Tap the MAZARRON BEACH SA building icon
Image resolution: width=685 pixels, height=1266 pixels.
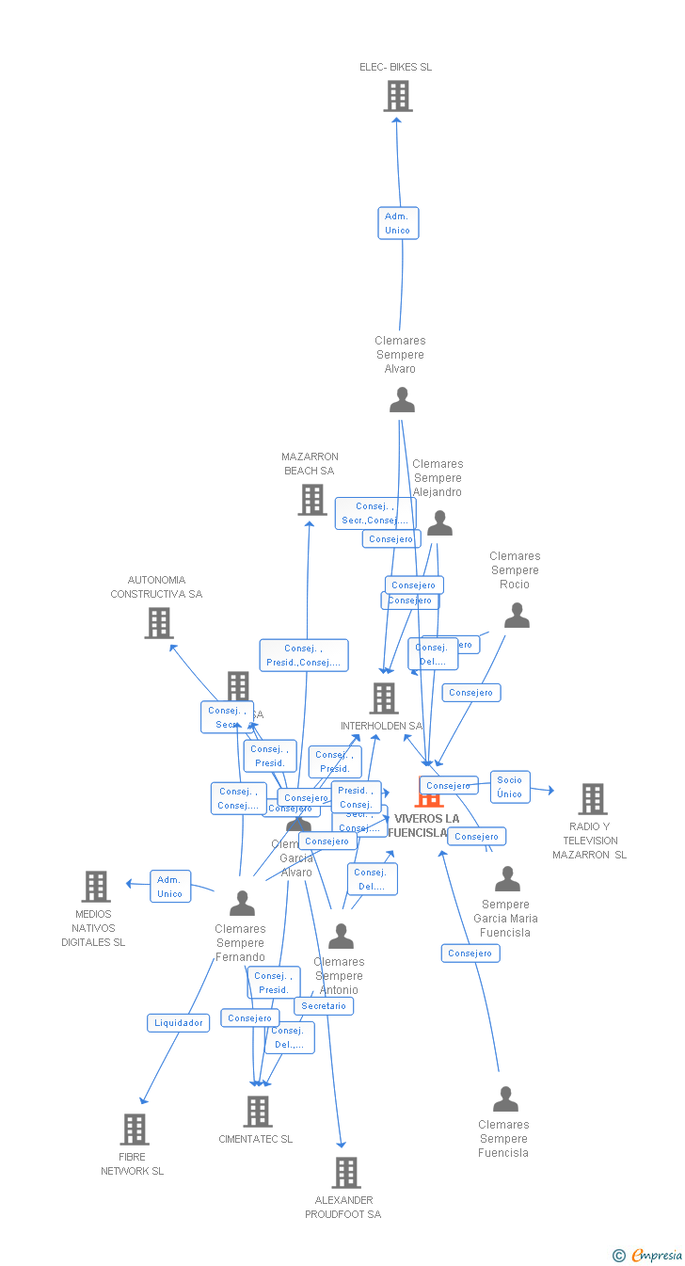pos(312,500)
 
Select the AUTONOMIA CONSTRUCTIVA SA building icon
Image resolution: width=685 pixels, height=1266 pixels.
pos(159,623)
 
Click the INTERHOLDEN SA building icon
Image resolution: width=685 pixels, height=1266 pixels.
pos(384,698)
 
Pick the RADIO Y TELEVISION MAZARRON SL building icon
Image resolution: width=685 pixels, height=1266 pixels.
pos(592,799)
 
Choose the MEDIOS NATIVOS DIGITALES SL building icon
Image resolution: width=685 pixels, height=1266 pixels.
pos(96,887)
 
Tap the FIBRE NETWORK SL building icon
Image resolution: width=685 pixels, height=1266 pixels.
pos(135,1130)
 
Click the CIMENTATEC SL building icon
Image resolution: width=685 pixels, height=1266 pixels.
pos(257,1112)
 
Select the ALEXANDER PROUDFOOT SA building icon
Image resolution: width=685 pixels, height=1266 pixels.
pos(346,1173)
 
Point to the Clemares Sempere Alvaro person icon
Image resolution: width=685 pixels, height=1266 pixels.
pos(402,400)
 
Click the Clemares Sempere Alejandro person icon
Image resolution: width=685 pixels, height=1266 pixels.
pos(439,523)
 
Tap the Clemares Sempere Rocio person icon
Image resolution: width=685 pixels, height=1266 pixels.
pos(517,616)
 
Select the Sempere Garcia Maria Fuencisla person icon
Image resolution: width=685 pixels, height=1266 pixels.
pos(507,879)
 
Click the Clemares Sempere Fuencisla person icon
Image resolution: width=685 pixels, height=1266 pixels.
pos(505,1099)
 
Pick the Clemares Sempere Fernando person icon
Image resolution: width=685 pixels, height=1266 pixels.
pos(242,904)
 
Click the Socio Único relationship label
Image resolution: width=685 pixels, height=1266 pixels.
pos(510,787)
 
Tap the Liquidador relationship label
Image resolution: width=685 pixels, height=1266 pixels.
pos(179,1022)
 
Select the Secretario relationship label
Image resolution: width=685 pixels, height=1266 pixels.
pos(324,1006)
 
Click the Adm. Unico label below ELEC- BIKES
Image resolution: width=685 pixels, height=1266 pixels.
pos(398,223)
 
